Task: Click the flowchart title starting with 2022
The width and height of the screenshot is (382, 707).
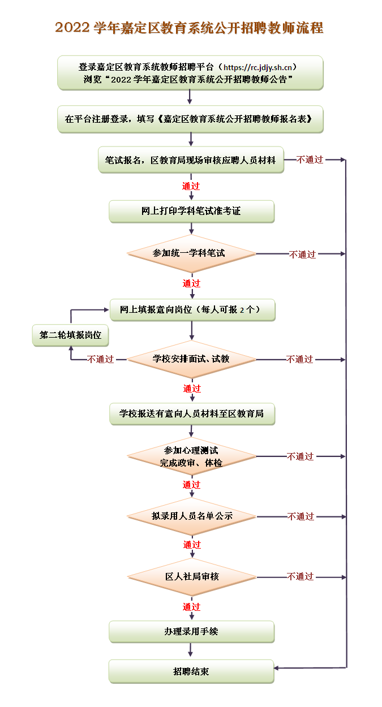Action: [x=189, y=28]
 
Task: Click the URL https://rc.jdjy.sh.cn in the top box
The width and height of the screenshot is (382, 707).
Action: [x=257, y=67]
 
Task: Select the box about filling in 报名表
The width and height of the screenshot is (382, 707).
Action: [x=190, y=119]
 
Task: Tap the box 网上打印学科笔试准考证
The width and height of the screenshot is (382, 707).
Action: [x=192, y=211]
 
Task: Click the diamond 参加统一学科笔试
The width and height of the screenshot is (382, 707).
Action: [x=191, y=253]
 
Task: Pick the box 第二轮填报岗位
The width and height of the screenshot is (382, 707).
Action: [x=70, y=335]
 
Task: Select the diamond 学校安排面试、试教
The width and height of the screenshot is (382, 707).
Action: [x=191, y=359]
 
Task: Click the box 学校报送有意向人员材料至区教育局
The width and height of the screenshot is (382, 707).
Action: [x=192, y=414]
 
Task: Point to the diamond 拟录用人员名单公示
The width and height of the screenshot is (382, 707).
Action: [x=192, y=516]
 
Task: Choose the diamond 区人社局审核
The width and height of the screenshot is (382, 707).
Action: [x=192, y=577]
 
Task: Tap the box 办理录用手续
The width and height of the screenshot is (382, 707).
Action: [x=192, y=632]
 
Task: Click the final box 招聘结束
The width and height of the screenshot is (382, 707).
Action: [x=191, y=672]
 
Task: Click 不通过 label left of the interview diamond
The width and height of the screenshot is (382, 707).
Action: [x=100, y=359]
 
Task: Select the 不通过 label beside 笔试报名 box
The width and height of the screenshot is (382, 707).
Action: [x=310, y=159]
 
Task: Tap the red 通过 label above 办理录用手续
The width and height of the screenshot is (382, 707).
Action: [x=191, y=607]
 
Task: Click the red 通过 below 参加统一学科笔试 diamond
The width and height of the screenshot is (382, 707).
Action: [x=191, y=283]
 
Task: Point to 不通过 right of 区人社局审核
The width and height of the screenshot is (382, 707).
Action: [x=301, y=577]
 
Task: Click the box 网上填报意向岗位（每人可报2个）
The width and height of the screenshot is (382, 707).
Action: [x=192, y=310]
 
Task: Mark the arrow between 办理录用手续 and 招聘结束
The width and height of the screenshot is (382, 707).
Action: [x=190, y=650]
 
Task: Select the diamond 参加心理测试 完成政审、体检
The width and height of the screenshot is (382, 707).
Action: [x=191, y=456]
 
